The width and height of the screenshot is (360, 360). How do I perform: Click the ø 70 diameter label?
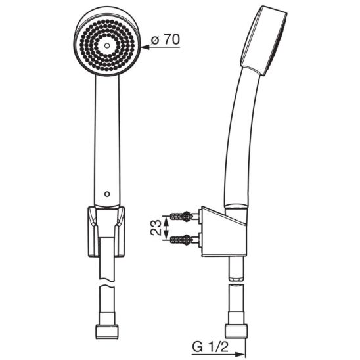tap(166, 39)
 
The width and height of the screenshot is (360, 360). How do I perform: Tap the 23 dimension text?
tap(156, 227)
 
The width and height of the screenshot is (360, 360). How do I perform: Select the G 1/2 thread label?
tap(210, 348)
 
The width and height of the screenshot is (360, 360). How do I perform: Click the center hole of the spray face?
tap(107, 45)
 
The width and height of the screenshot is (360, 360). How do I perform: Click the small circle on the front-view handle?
tap(107, 194)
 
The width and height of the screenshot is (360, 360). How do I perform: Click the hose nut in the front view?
tap(107, 331)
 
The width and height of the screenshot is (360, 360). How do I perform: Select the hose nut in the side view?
tap(236, 330)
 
